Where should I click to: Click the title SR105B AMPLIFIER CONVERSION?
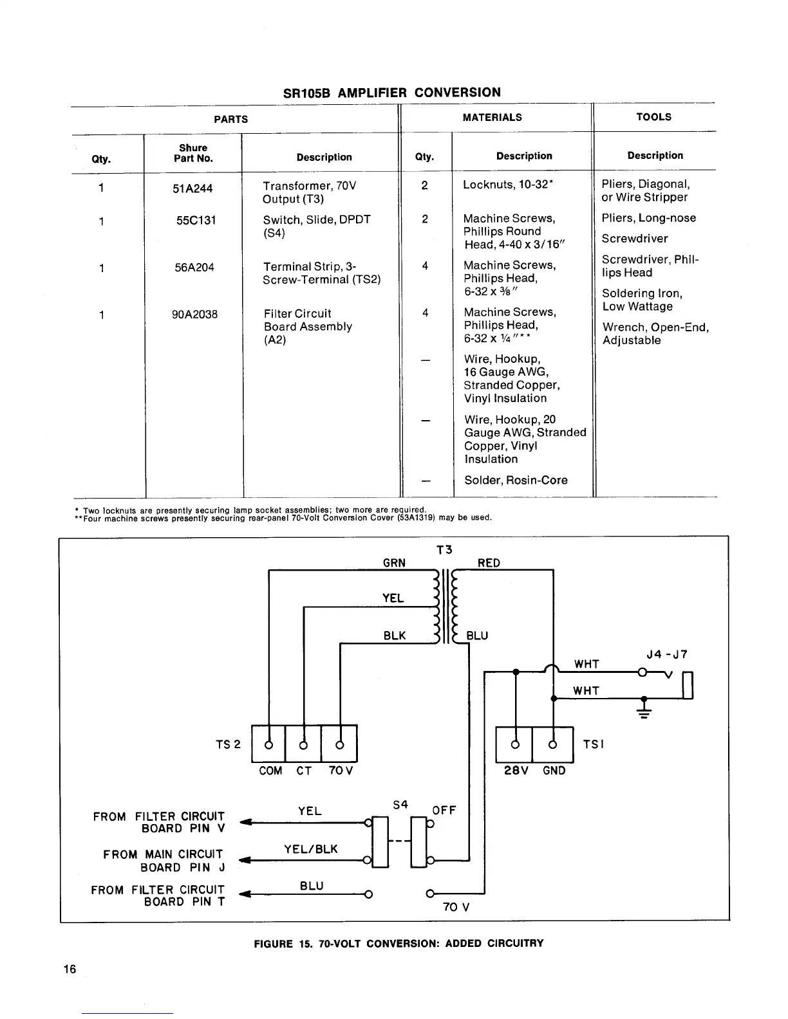391,92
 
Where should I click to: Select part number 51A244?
192,188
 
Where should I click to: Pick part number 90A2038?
194,315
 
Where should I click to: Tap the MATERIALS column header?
492,117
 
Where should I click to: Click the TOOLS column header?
653,117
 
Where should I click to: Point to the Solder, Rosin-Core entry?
516,481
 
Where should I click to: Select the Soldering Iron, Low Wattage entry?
642,300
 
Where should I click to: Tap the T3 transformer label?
444,549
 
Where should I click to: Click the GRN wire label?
394,563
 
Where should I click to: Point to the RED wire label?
489,563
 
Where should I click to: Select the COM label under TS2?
270,771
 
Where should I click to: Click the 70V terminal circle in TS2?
339,744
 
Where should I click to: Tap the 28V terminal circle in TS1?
514,745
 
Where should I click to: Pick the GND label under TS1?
554,771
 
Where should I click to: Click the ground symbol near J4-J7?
644,710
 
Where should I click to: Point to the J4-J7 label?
667,655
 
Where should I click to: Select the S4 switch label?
400,805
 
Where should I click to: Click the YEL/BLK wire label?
310,849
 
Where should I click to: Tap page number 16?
70,969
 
